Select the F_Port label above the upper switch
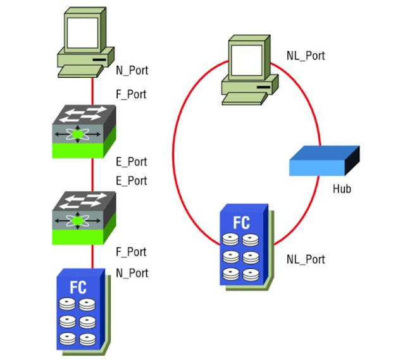[132, 94]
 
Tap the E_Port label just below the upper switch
[132, 162]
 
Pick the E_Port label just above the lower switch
[132, 180]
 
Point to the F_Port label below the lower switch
[132, 252]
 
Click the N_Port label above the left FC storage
[132, 273]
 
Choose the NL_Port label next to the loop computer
[306, 56]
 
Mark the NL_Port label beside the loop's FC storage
[306, 259]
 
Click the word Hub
[342, 189]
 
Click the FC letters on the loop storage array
[242, 223]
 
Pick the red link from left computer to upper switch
[93, 89]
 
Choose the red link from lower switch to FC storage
[93, 256]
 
